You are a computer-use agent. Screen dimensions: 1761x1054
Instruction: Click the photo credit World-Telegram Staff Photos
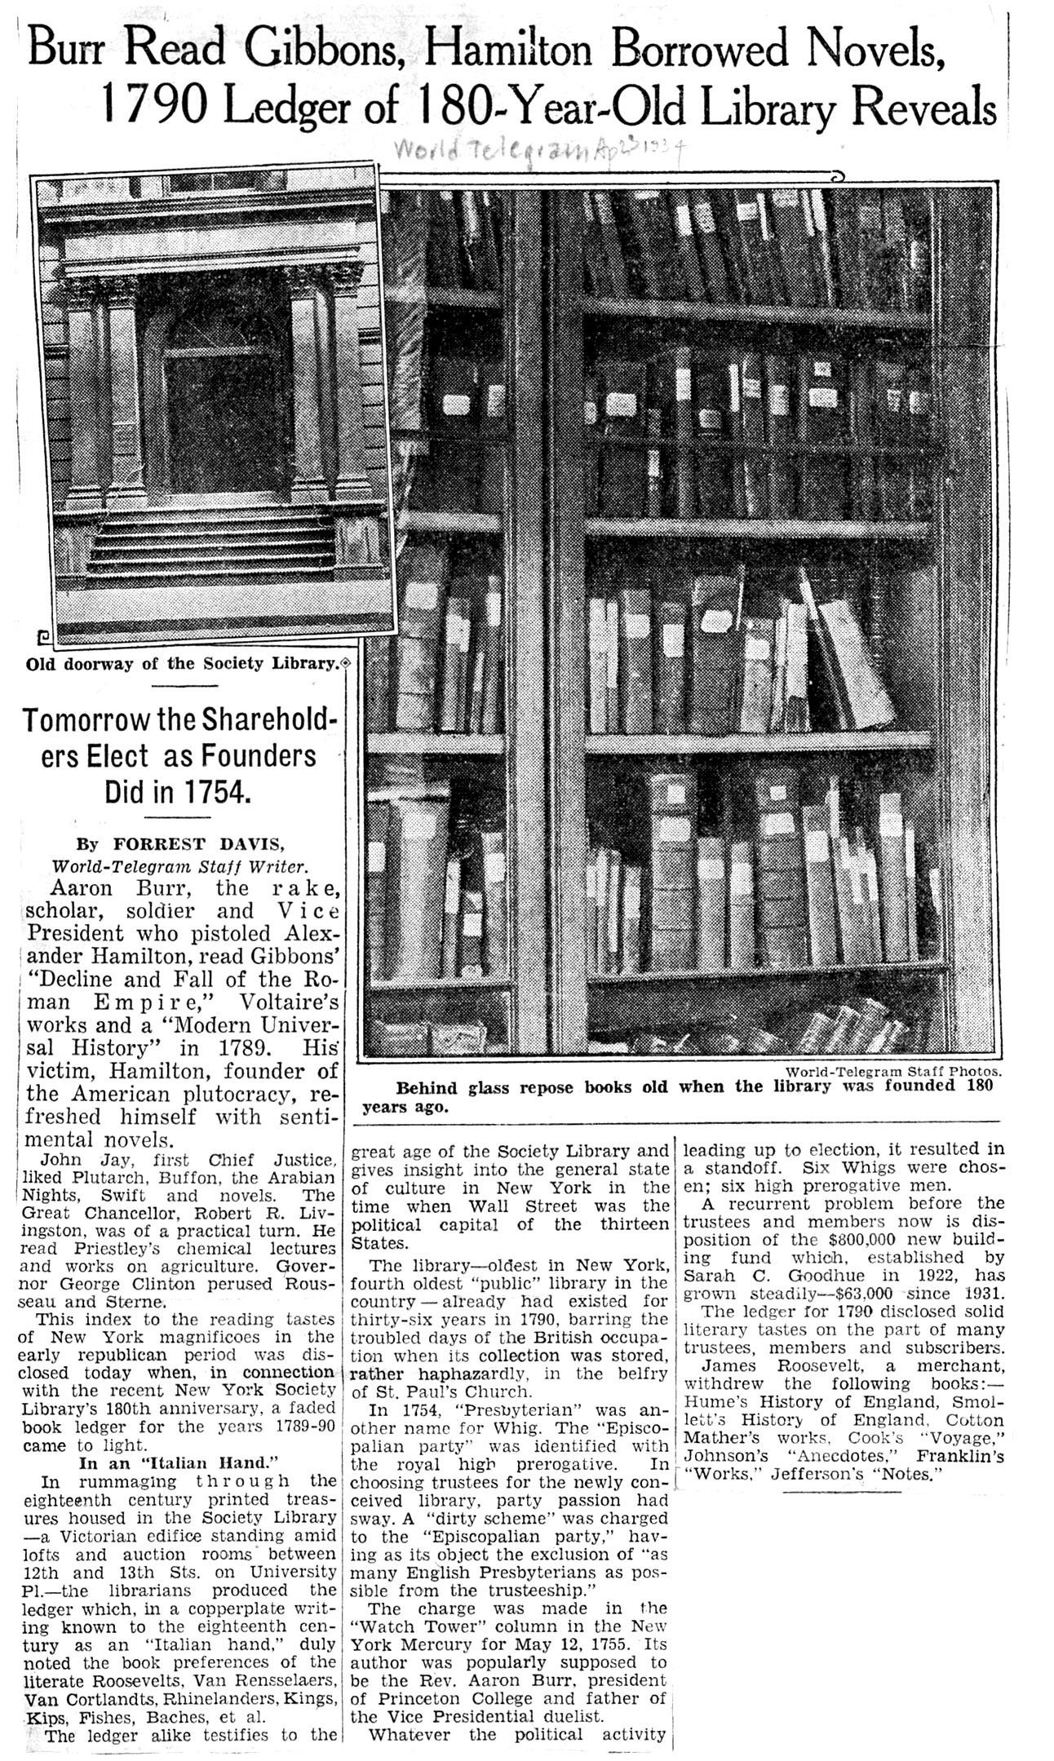click(892, 1072)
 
